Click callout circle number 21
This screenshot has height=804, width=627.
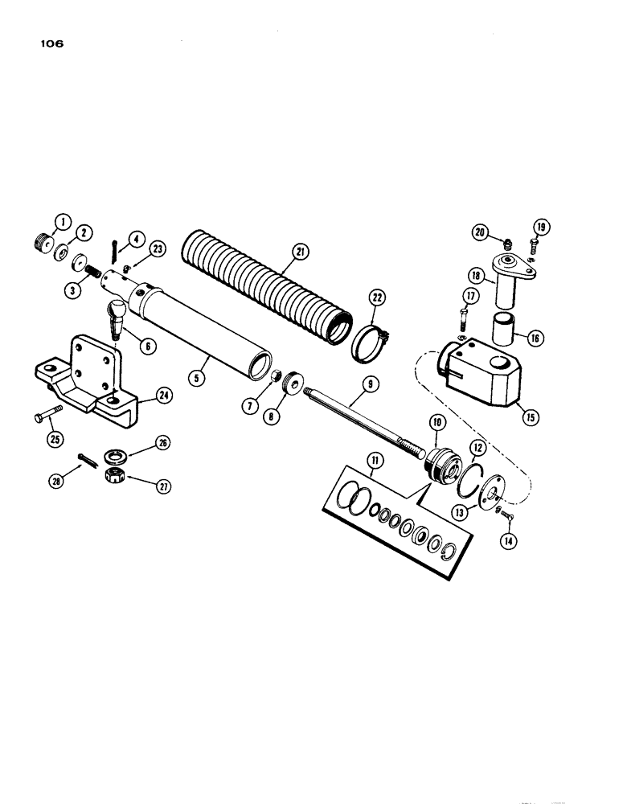coord(300,252)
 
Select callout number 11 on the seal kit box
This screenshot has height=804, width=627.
coord(375,461)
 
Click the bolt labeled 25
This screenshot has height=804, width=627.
coord(46,417)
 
